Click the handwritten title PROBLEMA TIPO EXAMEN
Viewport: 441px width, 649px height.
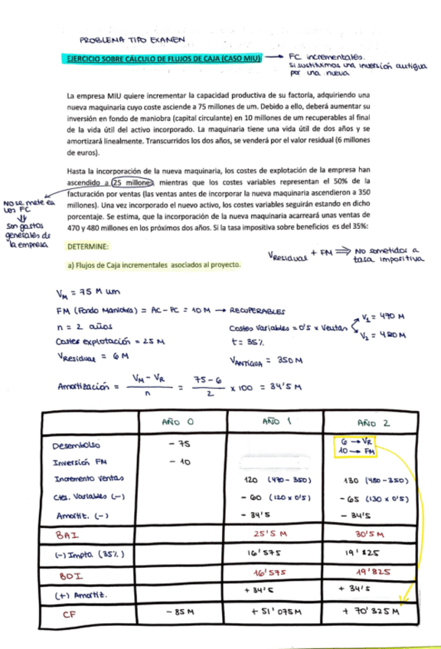pyautogui.click(x=133, y=41)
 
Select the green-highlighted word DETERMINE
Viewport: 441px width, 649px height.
pyautogui.click(x=87, y=247)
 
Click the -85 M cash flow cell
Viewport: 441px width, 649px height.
pyautogui.click(x=183, y=612)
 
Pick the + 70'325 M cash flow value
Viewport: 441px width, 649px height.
pyautogui.click(x=372, y=612)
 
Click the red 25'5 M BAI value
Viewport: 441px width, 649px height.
pyautogui.click(x=267, y=533)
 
